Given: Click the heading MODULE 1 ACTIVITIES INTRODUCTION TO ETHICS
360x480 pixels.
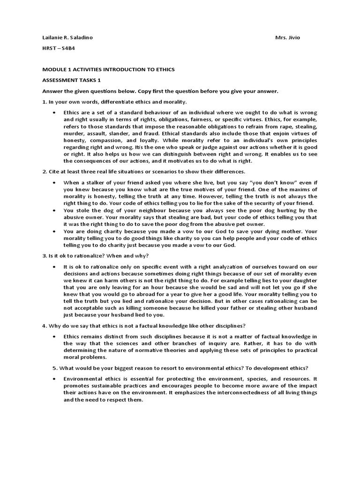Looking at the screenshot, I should point(108,69).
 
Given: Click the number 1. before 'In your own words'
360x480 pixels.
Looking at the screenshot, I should point(45,102).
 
